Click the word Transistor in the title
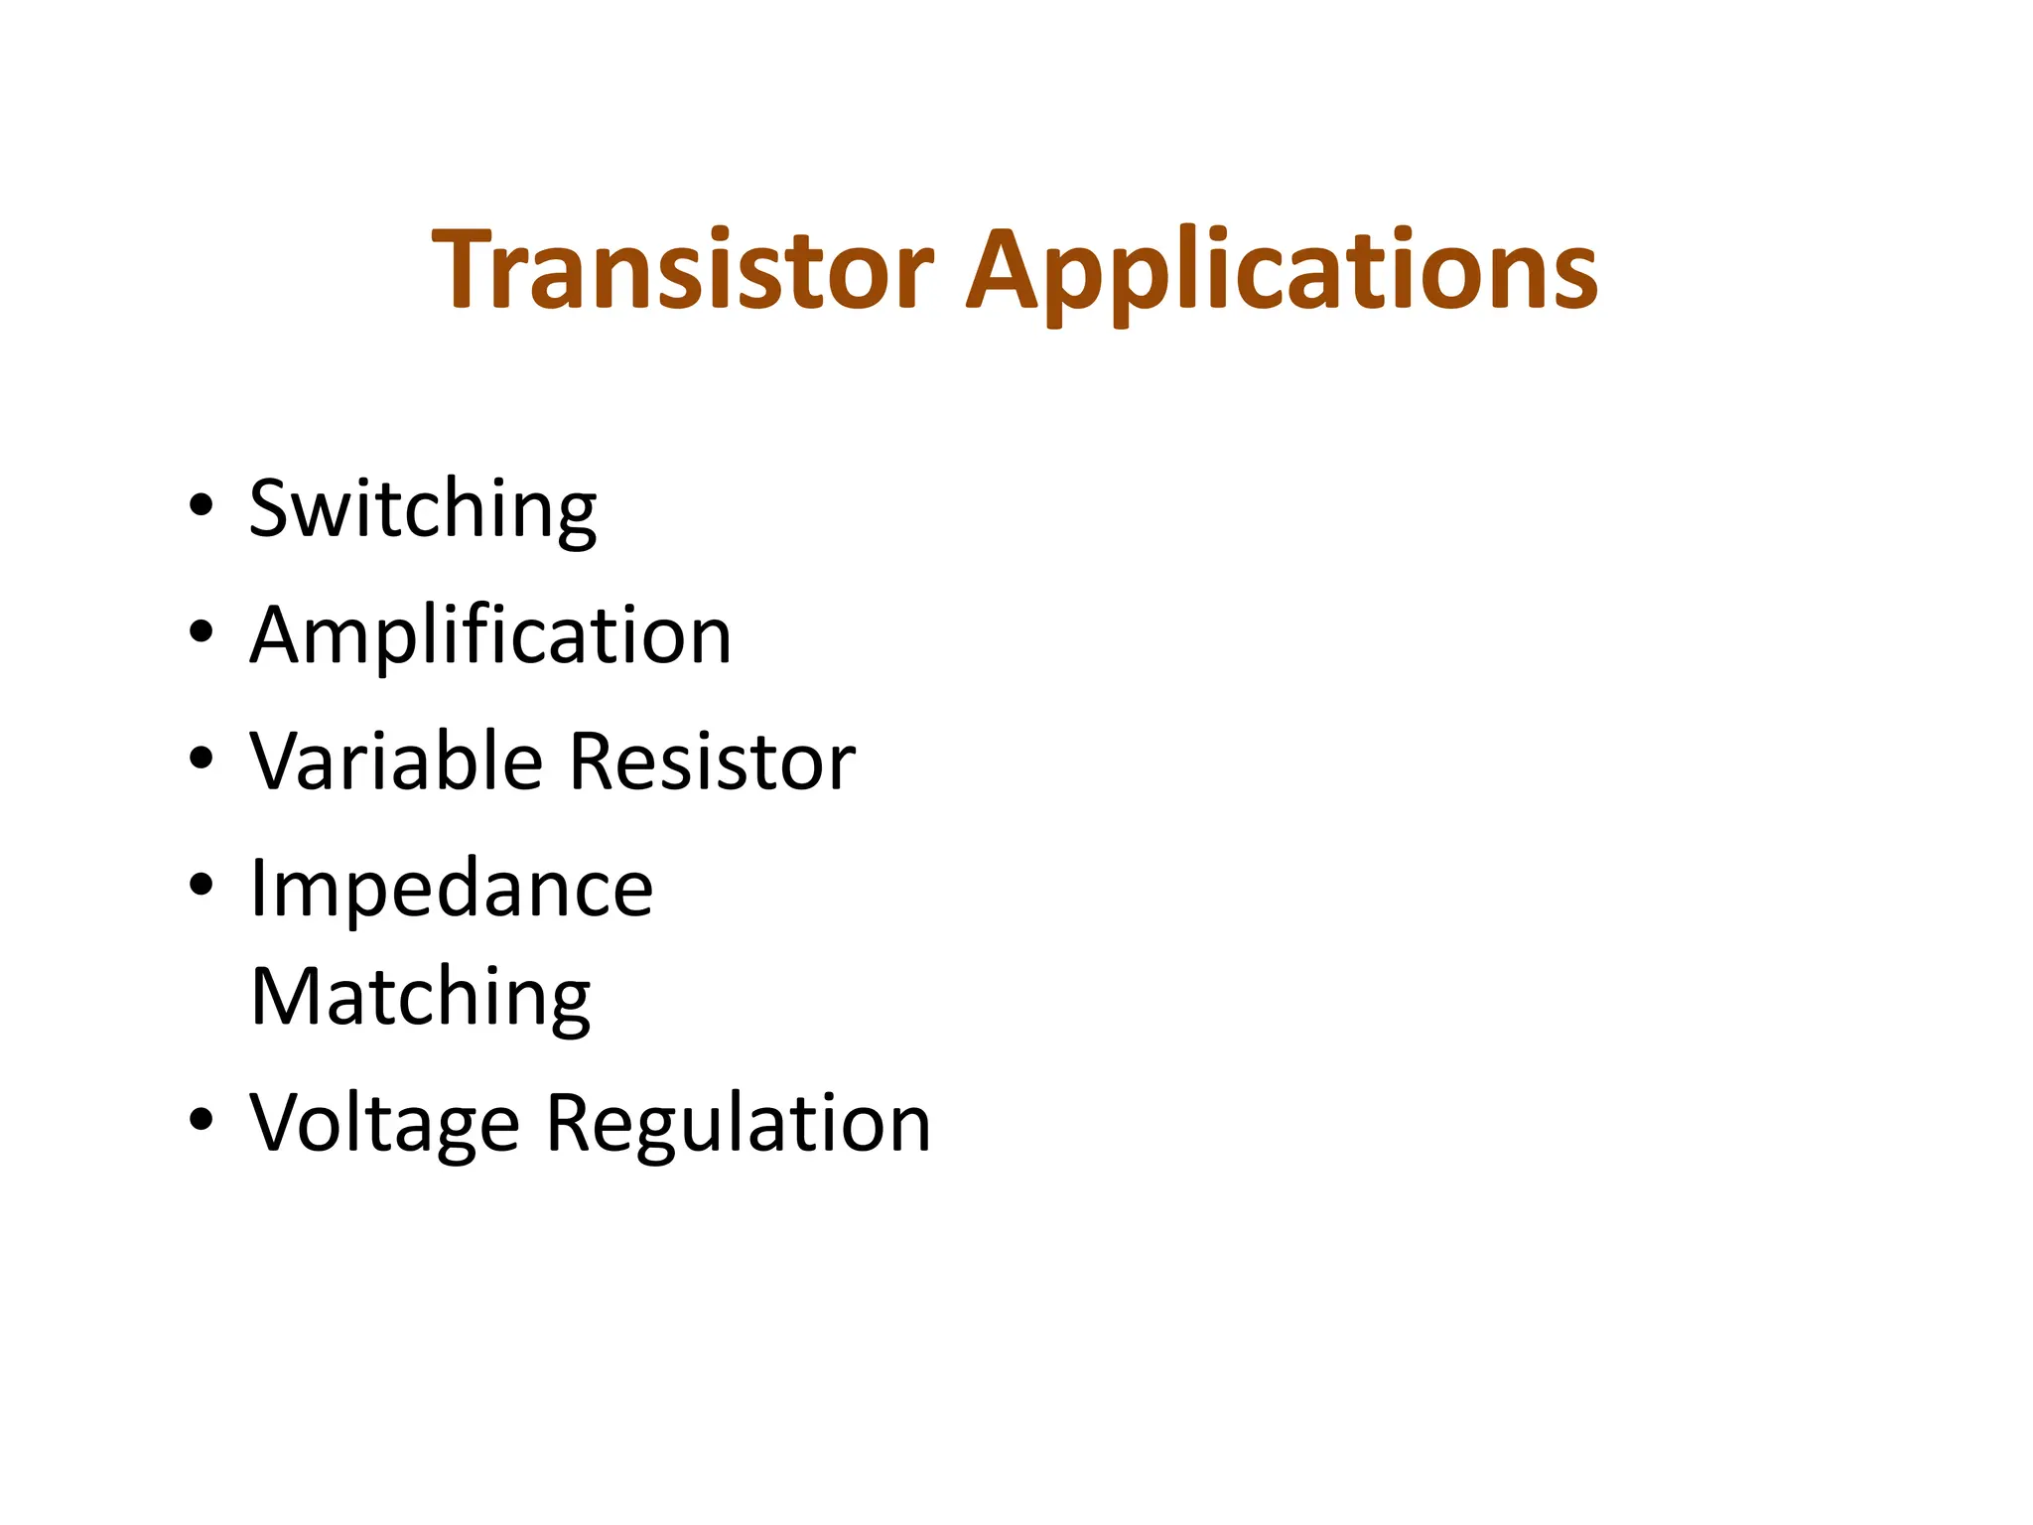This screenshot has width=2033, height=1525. [683, 270]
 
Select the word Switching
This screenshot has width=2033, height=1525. [423, 508]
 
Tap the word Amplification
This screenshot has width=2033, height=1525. [490, 635]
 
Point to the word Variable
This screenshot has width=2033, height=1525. [396, 762]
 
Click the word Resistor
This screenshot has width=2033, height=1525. [713, 762]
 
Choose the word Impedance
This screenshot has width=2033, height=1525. [452, 888]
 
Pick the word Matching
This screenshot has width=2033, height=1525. [421, 997]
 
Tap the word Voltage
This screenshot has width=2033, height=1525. [384, 1124]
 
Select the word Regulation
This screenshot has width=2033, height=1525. [739, 1124]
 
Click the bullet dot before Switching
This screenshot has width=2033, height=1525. [201, 504]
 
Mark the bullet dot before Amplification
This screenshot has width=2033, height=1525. [201, 630]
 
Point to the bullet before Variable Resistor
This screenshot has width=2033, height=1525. [201, 758]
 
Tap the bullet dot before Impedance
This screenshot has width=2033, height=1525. [201, 884]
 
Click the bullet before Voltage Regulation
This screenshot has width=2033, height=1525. [201, 1119]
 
